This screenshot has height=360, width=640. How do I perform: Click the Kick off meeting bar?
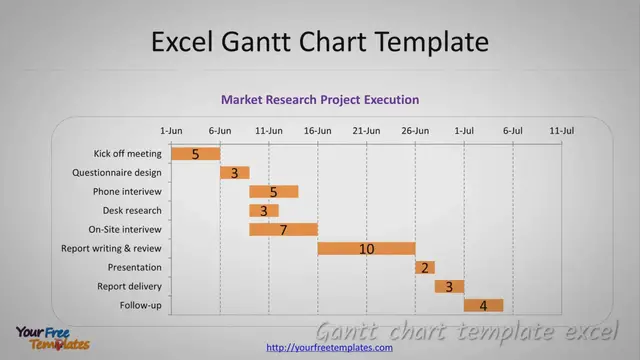(x=195, y=154)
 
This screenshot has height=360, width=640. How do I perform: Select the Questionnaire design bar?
(x=234, y=173)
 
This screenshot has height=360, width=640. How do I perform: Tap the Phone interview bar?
(x=273, y=192)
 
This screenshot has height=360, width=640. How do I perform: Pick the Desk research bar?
(x=263, y=211)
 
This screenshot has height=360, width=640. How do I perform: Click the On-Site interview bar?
(x=283, y=230)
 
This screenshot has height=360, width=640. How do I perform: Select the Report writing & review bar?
(x=366, y=248)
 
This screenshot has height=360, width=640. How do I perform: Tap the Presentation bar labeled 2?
(x=425, y=267)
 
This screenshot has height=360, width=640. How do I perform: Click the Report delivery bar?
(x=449, y=286)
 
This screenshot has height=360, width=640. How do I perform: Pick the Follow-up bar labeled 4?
(x=483, y=305)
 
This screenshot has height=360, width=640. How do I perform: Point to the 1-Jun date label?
(x=171, y=130)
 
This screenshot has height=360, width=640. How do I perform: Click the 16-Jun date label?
(x=318, y=130)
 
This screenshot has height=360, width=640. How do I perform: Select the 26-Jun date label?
(x=415, y=130)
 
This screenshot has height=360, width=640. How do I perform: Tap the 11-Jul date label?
(x=562, y=130)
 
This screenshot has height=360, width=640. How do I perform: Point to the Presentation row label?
(x=134, y=267)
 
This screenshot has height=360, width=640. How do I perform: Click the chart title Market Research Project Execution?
(x=320, y=100)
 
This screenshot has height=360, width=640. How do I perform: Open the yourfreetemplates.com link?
(x=329, y=347)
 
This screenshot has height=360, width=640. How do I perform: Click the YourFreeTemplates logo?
(x=52, y=338)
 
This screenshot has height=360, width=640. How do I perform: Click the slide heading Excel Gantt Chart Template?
(x=320, y=41)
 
